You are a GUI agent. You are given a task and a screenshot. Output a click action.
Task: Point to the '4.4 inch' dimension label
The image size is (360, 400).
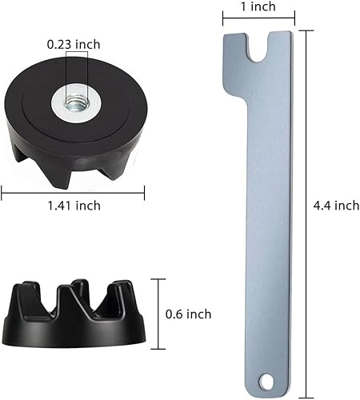[336, 206]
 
